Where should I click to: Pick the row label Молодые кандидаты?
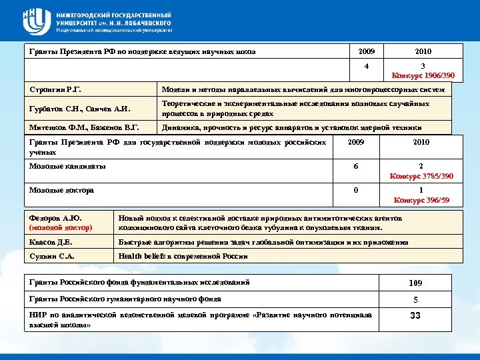coord(67,166)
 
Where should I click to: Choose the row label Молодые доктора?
coord(61,190)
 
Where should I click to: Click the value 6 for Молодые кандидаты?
coord(356,167)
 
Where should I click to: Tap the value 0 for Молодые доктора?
coord(356,190)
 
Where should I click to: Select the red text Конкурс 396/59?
coord(421,199)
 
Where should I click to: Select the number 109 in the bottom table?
coord(415,283)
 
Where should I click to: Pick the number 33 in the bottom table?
coord(415,315)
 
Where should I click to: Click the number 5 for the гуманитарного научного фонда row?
coord(415,299)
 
